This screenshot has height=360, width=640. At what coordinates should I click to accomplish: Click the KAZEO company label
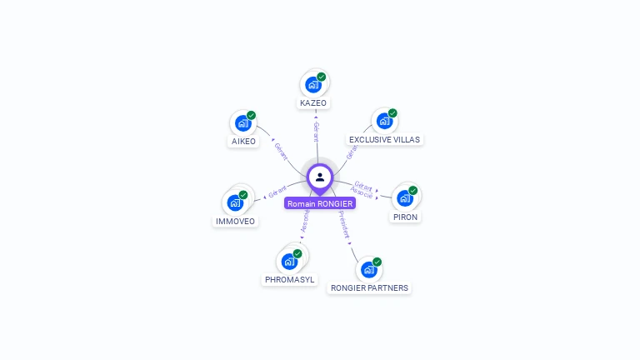pos(313,103)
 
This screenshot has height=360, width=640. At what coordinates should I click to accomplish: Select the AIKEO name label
pos(243,142)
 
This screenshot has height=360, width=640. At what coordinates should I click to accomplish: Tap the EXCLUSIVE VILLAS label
pos(384,140)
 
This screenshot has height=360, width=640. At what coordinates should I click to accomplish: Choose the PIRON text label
pos(406,217)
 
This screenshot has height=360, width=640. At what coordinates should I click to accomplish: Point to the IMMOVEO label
pos(235,222)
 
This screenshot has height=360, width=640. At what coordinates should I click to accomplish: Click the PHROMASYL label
pos(289,280)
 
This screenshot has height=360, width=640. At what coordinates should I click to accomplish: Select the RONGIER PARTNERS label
pos(369,288)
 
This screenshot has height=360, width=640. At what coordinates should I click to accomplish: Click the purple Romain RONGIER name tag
pos(320,203)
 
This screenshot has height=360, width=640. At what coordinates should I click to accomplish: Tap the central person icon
pos(320,177)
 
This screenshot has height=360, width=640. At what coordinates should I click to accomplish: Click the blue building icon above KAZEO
pos(312,84)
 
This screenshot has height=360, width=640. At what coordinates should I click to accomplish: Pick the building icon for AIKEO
pos(242,123)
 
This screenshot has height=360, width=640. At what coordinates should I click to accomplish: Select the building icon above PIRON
pos(404,197)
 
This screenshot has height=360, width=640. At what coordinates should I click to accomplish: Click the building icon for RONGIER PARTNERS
pos(368,269)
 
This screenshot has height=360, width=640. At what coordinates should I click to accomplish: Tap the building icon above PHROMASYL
pos(288,261)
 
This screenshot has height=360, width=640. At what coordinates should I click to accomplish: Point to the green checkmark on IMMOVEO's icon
pos(243,194)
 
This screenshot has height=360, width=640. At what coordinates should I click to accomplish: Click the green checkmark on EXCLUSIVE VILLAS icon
pos(392,113)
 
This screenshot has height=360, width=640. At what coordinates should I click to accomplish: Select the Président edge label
pos(343,225)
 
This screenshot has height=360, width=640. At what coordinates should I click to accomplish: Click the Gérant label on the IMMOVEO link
pos(277,192)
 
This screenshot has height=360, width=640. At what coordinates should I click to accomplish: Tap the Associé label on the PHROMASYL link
pos(305,221)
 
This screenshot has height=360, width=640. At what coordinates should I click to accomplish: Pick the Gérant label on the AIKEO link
pos(281,151)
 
